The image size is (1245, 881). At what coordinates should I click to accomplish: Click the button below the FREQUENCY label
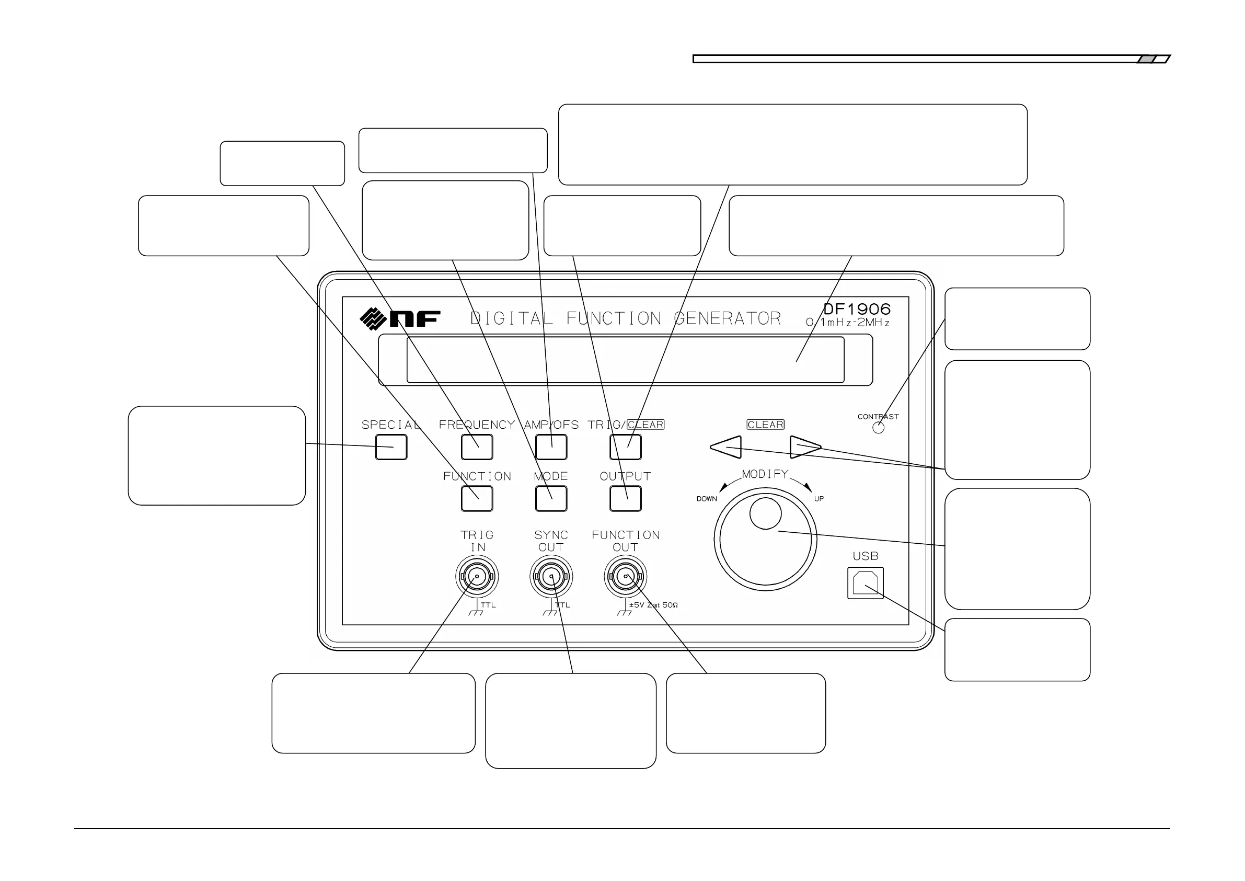[x=477, y=447]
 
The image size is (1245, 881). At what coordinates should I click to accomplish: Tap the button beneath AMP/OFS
[x=551, y=447]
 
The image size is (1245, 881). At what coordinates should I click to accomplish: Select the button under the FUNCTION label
[x=477, y=499]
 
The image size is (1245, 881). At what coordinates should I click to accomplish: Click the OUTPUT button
[x=625, y=499]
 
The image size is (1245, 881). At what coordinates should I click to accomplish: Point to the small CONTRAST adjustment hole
[x=879, y=428]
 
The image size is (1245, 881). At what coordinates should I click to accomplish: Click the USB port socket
[x=866, y=583]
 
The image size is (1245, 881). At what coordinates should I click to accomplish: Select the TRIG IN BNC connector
[x=477, y=576]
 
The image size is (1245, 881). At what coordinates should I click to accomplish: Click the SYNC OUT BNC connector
[x=551, y=576]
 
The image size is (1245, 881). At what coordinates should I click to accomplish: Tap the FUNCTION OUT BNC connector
[x=625, y=576]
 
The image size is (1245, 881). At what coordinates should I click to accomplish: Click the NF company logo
[x=400, y=318]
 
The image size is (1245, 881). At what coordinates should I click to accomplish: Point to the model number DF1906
[x=857, y=309]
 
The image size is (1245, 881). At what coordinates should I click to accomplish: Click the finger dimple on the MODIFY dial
[x=765, y=513]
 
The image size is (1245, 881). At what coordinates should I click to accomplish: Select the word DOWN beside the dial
[x=707, y=499]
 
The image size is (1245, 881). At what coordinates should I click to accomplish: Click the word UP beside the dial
[x=819, y=499]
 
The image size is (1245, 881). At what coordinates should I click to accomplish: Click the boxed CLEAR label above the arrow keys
[x=765, y=425]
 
